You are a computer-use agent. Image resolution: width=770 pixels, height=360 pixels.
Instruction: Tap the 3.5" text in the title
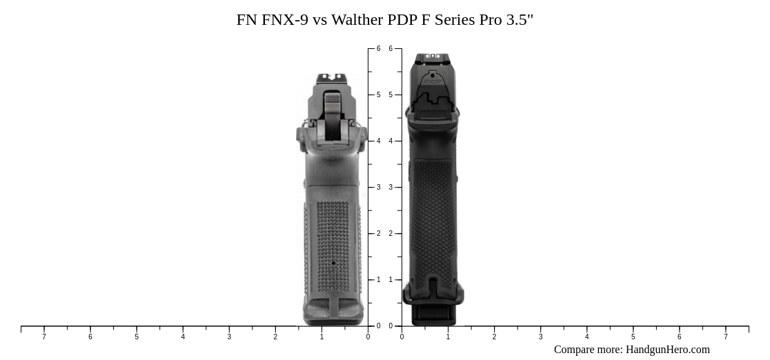520,20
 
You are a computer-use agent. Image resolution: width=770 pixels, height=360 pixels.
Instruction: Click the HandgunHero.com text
667,350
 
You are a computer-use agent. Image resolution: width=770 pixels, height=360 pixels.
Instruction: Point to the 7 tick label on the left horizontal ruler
44,337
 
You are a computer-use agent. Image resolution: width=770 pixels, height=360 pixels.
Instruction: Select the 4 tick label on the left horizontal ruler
183,337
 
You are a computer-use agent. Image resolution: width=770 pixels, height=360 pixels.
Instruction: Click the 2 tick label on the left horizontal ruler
275,337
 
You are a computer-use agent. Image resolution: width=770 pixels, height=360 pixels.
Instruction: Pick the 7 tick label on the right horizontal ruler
726,337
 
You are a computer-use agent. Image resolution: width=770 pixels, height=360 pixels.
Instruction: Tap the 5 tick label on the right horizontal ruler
633,337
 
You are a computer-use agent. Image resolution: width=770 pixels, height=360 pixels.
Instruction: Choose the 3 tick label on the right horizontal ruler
541,337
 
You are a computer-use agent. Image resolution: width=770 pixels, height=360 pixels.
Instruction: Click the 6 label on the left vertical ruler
378,49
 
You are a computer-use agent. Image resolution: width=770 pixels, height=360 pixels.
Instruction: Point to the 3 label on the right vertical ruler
391,188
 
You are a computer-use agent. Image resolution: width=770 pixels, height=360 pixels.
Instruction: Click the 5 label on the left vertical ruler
378,95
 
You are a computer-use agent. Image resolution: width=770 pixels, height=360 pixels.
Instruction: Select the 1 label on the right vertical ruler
391,280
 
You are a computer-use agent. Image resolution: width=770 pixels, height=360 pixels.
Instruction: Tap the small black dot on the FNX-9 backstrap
333,263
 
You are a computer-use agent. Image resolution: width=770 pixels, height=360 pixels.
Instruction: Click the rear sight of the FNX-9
333,77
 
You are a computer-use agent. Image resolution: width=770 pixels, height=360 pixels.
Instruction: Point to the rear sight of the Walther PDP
433,57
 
